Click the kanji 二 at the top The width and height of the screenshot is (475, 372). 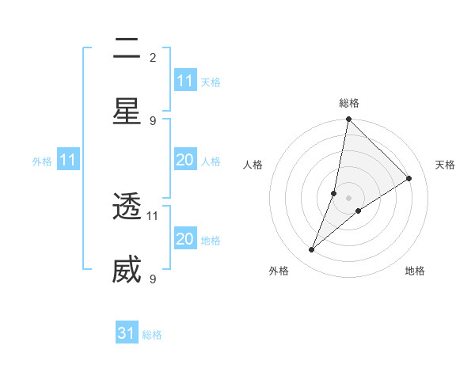[127, 49]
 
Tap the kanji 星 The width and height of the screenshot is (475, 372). [127, 111]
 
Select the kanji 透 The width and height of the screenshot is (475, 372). [127, 207]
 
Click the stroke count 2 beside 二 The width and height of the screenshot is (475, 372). [153, 57]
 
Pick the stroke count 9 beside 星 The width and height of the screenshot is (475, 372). [153, 120]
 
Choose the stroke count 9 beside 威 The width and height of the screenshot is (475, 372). [153, 279]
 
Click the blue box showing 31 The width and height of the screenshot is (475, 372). [127, 334]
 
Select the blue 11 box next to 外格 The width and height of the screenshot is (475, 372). [67, 161]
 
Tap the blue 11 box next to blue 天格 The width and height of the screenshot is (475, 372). [184, 82]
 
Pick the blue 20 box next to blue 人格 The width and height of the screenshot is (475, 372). [184, 161]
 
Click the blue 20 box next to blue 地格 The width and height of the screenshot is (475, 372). [184, 240]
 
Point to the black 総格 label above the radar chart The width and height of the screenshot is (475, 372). [348, 103]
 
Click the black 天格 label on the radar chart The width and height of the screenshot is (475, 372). [446, 165]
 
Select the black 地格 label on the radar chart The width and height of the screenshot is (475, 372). [415, 271]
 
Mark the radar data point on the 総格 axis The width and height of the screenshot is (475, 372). [348, 120]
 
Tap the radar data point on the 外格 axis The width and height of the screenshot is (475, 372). [312, 250]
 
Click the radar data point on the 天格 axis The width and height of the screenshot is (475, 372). [409, 179]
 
